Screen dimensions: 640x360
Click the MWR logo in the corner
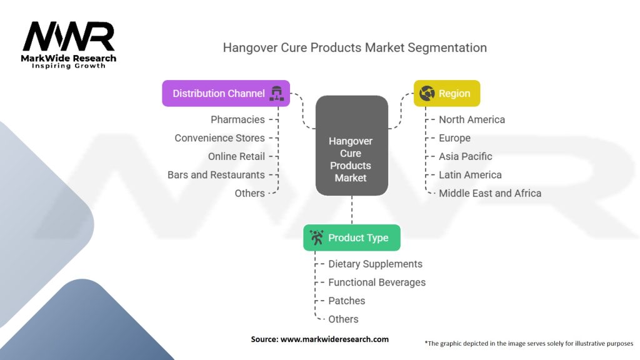69,45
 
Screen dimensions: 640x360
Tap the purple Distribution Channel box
226,94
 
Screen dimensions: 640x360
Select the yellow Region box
447,94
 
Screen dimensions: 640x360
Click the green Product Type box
352,237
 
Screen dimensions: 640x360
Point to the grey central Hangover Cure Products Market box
352,146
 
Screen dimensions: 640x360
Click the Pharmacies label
237,119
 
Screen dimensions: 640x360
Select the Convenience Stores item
219,138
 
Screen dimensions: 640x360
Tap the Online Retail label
236,156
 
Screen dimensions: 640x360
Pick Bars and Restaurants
216,175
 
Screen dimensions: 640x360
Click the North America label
472,119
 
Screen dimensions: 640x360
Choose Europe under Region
455,138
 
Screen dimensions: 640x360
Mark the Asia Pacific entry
465,156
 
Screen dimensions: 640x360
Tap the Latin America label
470,175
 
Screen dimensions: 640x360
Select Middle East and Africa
490,193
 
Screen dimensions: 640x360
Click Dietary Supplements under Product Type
376,264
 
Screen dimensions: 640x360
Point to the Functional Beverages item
377,282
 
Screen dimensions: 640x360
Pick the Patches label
347,301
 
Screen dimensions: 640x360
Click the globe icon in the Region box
427,93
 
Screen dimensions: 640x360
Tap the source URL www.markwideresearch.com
334,339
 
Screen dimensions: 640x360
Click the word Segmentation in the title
447,47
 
